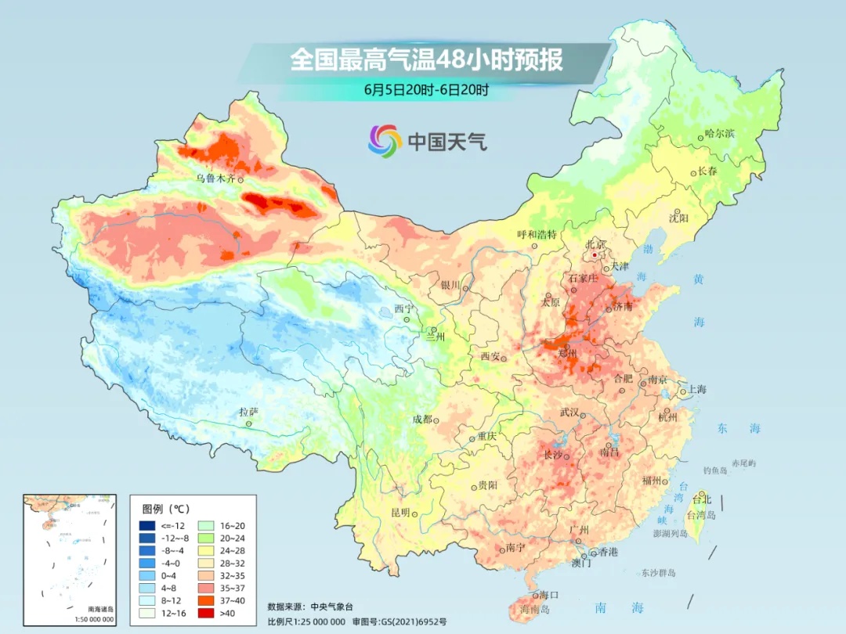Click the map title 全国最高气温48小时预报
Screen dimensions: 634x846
[426, 60]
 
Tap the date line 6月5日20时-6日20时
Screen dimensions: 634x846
[426, 89]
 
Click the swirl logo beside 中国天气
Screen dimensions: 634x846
[385, 140]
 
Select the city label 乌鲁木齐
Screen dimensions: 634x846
[215, 178]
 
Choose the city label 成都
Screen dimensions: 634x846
[422, 419]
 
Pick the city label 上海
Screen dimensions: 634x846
[696, 390]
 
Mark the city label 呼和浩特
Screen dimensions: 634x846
[537, 234]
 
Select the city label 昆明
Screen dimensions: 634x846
[399, 512]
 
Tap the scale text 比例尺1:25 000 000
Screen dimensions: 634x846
[306, 621]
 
